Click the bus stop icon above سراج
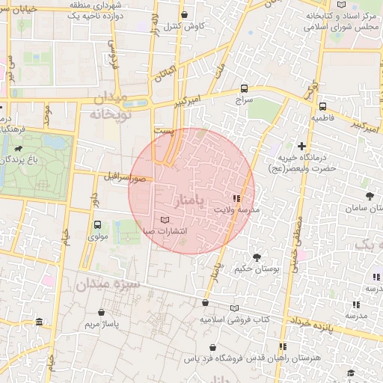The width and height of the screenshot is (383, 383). [245, 88]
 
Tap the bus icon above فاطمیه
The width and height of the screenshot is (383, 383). [322, 106]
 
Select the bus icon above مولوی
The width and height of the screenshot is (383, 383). [97, 224]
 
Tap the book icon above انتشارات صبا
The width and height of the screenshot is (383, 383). [165, 219]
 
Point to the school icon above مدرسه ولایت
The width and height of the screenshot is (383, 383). [236, 198]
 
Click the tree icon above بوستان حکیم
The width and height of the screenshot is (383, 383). [257, 257]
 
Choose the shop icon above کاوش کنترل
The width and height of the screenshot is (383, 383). [185, 15]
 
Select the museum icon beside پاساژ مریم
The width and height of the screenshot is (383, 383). [39, 322]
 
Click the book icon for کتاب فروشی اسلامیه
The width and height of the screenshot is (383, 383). [235, 307]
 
